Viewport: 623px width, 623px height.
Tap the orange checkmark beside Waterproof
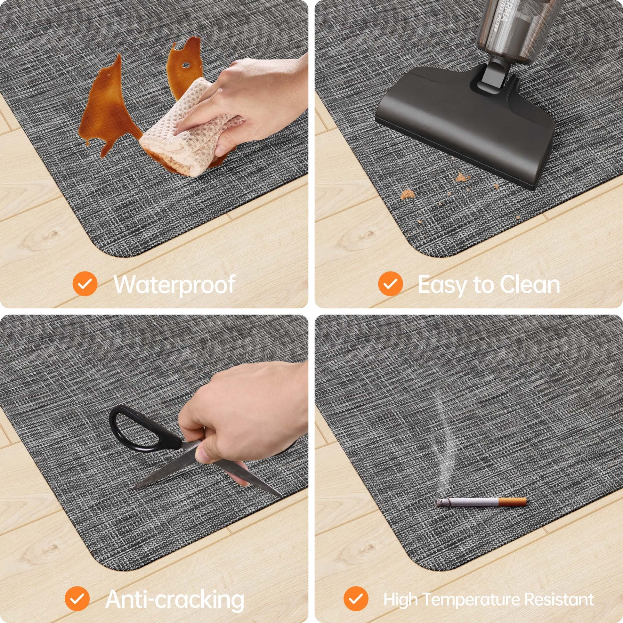point(85,284)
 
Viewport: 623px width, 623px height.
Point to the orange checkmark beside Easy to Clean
point(391,284)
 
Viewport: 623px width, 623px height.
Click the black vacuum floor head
point(465,126)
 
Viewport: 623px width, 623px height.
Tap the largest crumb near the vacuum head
point(407,194)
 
